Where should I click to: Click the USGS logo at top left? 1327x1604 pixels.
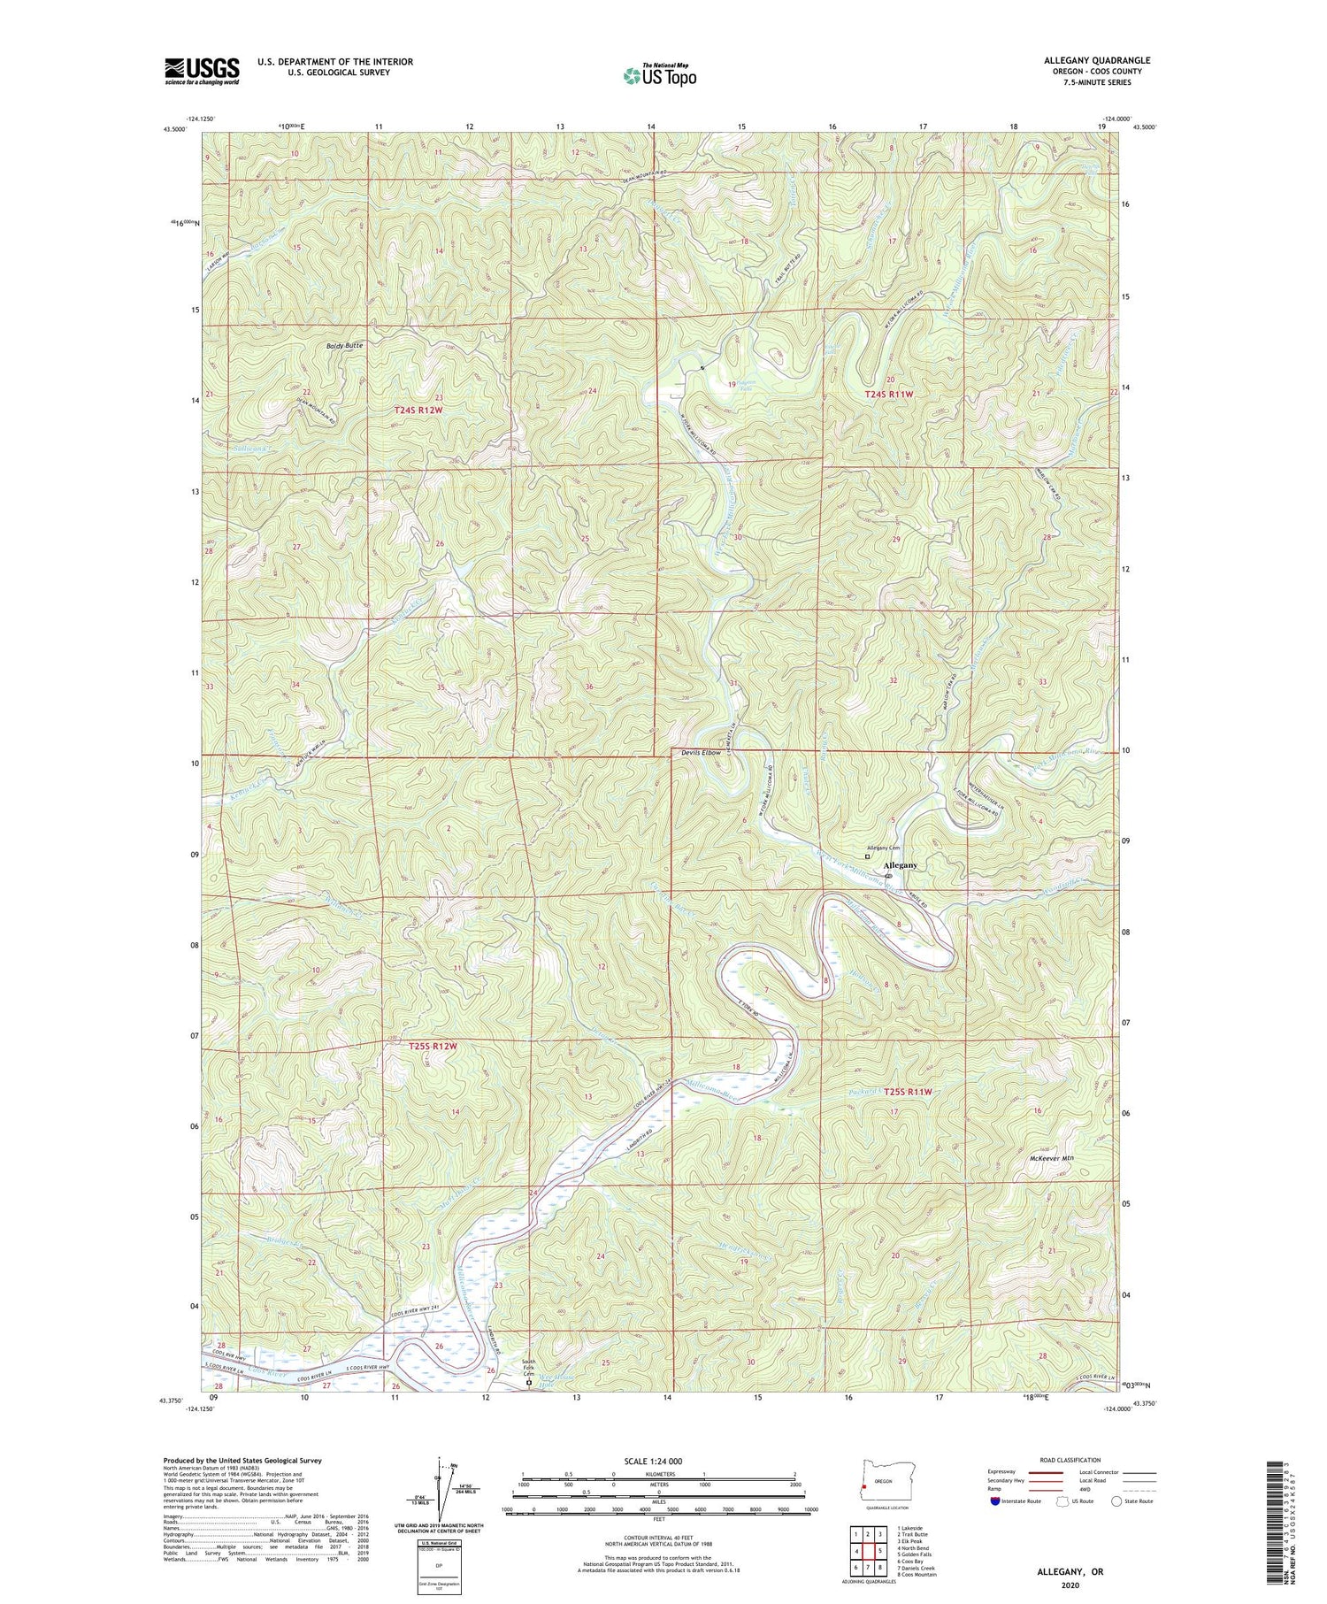[202, 71]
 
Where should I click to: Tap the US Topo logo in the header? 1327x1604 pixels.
[658, 75]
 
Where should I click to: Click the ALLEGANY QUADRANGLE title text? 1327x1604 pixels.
[1097, 60]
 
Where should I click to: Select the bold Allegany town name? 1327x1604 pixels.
[901, 865]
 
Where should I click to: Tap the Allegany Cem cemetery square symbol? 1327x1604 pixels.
[867, 856]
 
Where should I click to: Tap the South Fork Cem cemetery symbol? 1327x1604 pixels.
[530, 1382]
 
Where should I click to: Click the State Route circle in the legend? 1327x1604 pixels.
[1117, 1501]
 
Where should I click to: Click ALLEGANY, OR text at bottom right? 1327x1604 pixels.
[1070, 1572]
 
